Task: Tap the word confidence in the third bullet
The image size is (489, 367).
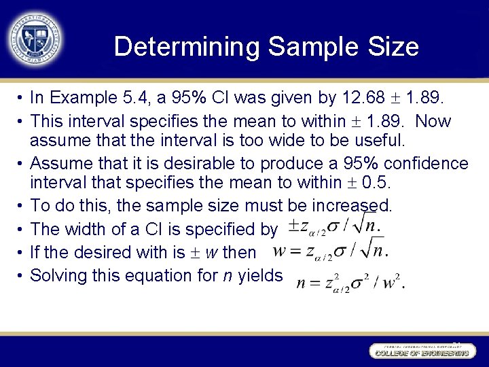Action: pos(424,164)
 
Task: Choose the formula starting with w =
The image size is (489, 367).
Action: pos(330,252)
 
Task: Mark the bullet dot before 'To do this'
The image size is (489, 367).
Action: pos(22,205)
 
